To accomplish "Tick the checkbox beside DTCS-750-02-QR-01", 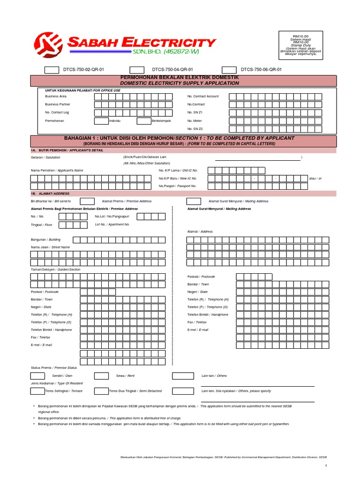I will point(52,69).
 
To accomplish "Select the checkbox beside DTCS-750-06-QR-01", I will point(229,69).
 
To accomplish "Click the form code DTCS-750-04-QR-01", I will point(172,69).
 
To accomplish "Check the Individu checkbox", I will point(101,120).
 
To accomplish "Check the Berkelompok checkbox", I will point(143,120).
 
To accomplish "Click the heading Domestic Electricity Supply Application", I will point(180,83).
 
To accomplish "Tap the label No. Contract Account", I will point(203,96).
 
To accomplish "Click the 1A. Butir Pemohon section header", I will point(67,150).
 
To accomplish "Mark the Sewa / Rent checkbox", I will point(101,376).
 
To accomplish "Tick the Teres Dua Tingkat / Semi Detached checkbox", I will point(101,391).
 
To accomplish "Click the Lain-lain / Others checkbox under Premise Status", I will point(182,376).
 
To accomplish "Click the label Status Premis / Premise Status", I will point(54,367).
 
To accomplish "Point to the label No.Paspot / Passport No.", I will point(177,186).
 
